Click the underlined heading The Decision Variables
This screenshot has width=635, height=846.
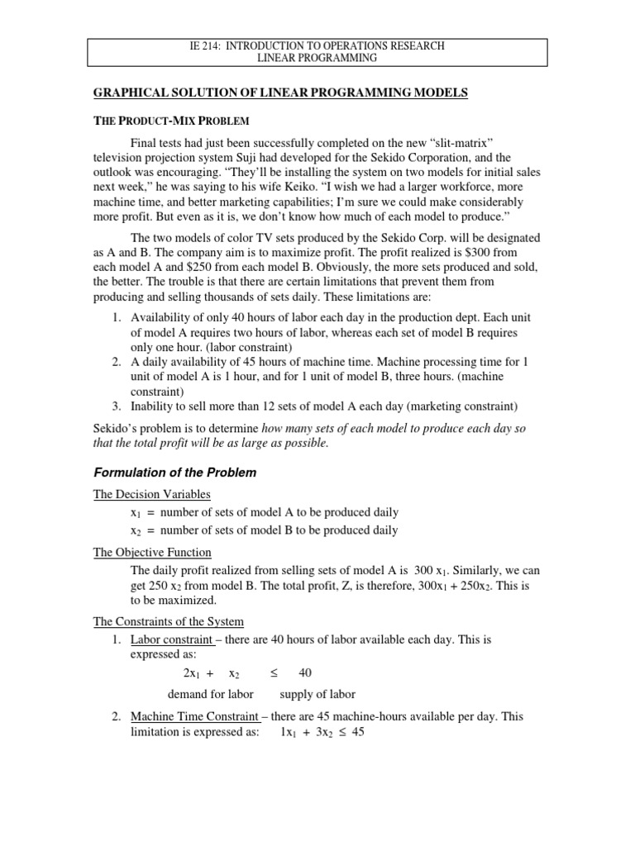pos(151,494)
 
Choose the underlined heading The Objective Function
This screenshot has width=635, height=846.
pos(152,552)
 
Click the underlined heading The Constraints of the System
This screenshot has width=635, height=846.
pos(168,621)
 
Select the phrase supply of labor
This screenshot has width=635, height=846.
pos(317,695)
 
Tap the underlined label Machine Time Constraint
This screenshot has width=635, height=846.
pos(195,716)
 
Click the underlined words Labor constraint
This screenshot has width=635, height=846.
pos(171,639)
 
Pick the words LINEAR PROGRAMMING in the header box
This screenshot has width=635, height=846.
pos(317,59)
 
